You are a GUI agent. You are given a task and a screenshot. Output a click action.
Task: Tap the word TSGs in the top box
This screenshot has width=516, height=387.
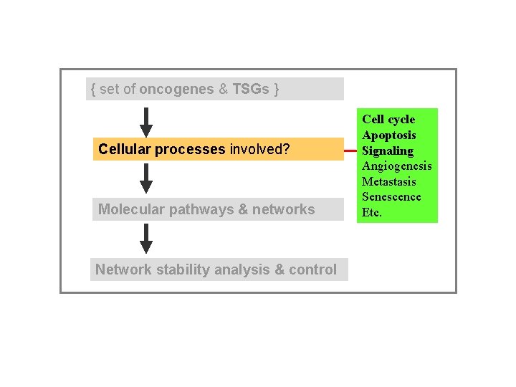point(251,89)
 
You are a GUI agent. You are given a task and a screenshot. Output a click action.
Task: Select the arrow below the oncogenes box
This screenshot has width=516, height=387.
point(146,122)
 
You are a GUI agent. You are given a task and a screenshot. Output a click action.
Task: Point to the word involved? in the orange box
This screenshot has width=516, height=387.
point(259,149)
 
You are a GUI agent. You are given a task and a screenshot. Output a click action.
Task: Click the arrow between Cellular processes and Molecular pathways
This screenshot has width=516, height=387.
point(146,178)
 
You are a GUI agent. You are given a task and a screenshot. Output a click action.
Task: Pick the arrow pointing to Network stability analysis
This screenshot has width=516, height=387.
point(146,239)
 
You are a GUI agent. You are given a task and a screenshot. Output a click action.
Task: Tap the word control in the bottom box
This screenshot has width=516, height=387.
point(311,269)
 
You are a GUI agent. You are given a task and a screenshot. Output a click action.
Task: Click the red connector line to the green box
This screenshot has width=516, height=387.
point(350,151)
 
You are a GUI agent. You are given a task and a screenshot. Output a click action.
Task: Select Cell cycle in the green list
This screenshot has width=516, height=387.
point(388,119)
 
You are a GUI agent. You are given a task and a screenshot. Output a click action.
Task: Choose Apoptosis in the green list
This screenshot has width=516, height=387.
point(389,135)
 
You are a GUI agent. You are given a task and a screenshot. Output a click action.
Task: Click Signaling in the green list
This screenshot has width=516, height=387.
point(388,150)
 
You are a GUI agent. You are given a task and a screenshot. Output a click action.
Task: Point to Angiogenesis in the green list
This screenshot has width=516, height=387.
point(397,166)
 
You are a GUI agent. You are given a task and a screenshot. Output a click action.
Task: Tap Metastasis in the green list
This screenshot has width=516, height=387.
point(389,181)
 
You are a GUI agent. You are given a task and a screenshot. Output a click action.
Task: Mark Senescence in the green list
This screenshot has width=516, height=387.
point(391,197)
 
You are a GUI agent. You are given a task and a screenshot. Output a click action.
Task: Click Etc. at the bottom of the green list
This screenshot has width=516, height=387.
point(372,213)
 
